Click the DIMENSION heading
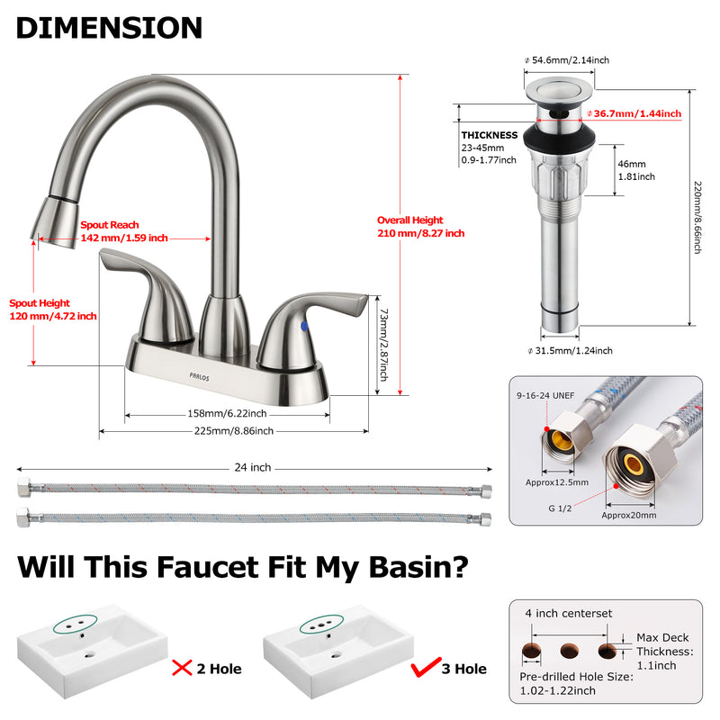(x=109, y=27)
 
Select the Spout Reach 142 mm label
(x=124, y=231)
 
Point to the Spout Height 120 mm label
(x=52, y=310)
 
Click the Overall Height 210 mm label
(x=420, y=227)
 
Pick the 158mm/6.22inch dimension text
(x=226, y=414)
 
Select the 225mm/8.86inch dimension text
(x=233, y=431)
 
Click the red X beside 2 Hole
(x=184, y=667)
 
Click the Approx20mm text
(x=628, y=515)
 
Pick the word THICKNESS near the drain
(x=490, y=135)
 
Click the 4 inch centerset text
(x=569, y=614)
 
